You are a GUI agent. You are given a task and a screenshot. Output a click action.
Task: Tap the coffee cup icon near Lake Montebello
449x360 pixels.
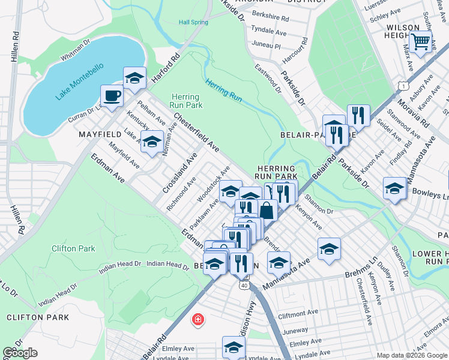coord(112,95)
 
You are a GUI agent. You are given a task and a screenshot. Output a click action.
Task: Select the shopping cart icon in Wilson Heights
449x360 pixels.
coord(421,41)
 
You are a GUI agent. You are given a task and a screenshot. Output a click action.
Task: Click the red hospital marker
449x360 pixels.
coord(197,320)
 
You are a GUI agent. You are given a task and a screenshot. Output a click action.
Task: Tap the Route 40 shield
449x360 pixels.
coord(244,286)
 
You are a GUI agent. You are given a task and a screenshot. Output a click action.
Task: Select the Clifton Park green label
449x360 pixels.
coord(73,248)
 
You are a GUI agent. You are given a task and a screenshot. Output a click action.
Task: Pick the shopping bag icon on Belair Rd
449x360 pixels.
coord(268,210)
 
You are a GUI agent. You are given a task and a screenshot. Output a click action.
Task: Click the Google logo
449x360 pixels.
coord(20,353)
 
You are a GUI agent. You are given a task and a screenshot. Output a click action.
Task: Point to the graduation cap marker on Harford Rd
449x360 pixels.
coord(135,77)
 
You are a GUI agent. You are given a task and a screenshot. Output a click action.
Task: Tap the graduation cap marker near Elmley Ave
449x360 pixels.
coord(234,346)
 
